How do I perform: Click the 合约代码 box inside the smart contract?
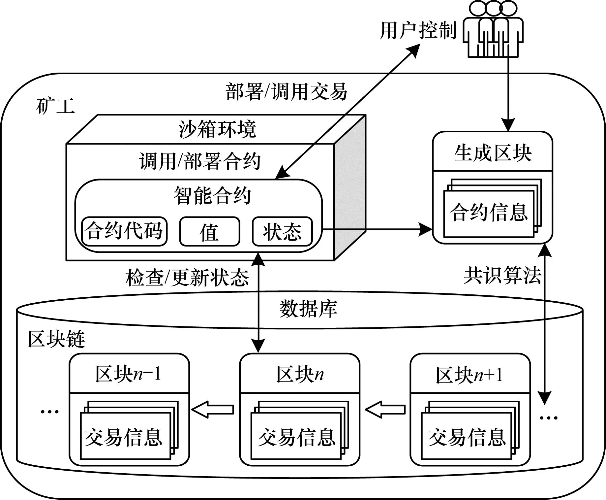(x=124, y=231)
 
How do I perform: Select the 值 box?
(x=210, y=231)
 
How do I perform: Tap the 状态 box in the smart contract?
(x=282, y=231)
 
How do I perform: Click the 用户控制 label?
(x=418, y=31)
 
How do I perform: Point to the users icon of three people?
(x=493, y=30)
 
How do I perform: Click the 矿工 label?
(x=55, y=106)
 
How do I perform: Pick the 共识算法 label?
(x=502, y=275)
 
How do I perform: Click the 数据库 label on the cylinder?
(x=308, y=309)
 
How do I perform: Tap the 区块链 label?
(x=57, y=339)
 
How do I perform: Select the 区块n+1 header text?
(x=470, y=375)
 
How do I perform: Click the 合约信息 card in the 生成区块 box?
(x=489, y=213)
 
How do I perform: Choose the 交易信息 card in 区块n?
(x=296, y=437)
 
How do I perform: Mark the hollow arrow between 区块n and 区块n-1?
(x=213, y=410)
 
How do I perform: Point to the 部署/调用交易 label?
(x=287, y=91)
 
